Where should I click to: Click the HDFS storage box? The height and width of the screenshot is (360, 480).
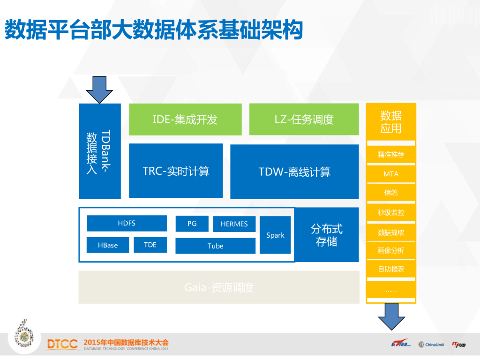click(x=127, y=223)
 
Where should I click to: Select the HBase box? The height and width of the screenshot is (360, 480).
click(x=108, y=245)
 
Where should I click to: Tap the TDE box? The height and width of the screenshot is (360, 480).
click(x=150, y=245)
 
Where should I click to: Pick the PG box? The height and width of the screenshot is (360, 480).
click(x=192, y=224)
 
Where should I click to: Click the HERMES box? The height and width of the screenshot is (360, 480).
click(x=234, y=224)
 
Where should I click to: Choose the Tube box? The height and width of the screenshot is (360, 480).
click(x=215, y=246)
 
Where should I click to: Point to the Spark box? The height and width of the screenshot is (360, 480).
click(x=275, y=235)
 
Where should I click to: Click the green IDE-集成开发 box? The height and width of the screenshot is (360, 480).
click(x=185, y=120)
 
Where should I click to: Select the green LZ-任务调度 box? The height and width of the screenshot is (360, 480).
click(x=304, y=120)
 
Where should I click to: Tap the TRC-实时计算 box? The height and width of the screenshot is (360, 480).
click(x=176, y=171)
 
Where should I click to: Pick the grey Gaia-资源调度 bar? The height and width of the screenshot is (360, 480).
click(x=219, y=287)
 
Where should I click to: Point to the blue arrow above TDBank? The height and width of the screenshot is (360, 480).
click(x=99, y=89)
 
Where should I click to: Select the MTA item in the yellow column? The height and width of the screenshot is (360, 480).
click(x=391, y=174)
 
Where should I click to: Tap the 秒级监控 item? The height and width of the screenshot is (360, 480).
click(x=391, y=212)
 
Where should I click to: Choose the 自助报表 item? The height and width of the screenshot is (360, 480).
click(x=391, y=269)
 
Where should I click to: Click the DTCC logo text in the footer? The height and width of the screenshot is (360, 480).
click(x=62, y=344)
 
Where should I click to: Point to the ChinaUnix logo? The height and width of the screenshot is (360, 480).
click(x=431, y=345)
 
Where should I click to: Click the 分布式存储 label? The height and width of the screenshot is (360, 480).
click(x=327, y=235)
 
